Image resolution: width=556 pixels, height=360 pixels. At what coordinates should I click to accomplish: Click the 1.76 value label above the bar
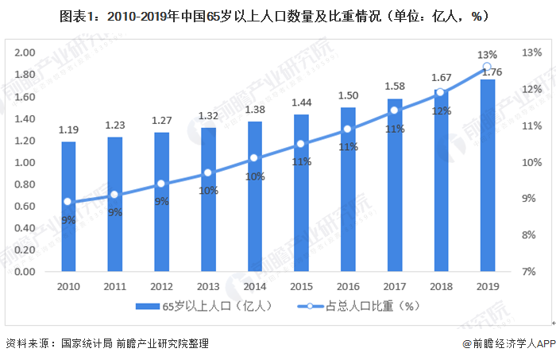tap(488, 72)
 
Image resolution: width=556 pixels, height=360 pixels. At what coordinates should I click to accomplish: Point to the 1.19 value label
tap(68, 130)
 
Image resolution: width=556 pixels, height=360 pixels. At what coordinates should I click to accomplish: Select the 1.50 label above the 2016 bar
tap(348, 95)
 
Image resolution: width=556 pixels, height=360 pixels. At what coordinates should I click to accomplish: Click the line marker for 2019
tap(487, 68)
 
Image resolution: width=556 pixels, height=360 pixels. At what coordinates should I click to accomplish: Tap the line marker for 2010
tap(68, 202)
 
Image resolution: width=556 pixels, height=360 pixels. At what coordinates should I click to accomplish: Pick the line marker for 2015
tap(301, 144)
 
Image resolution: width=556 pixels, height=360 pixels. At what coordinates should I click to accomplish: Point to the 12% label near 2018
tap(441, 110)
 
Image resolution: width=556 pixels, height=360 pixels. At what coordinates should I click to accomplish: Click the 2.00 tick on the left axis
tap(26, 52)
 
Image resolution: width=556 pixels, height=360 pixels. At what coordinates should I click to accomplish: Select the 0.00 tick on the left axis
tap(26, 272)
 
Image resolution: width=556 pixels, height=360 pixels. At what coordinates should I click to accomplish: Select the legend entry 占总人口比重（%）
tap(357, 306)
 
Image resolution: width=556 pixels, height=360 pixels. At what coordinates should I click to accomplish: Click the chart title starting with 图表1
tap(278, 15)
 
